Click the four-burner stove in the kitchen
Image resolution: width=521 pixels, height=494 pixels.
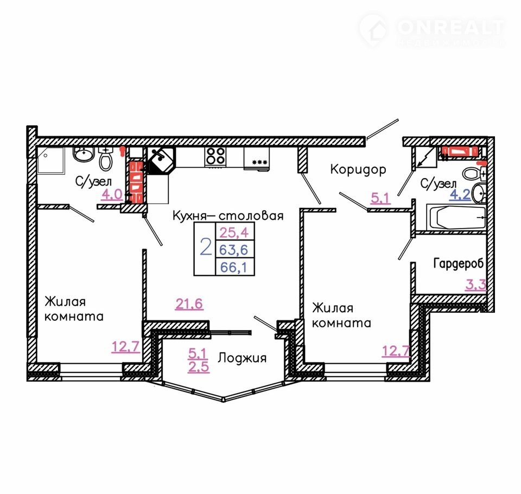215,156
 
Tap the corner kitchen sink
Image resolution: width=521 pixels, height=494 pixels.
161,160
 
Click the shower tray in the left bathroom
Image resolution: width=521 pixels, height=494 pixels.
50,160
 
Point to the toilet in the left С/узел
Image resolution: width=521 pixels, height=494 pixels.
106,159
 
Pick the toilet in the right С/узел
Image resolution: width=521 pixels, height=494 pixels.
473,173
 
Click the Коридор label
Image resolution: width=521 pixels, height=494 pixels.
358,169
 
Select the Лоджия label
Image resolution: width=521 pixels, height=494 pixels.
242,358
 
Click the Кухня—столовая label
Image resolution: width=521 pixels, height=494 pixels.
228,216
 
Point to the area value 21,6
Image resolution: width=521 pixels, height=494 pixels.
189,303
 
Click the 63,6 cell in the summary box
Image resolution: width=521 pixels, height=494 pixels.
235,249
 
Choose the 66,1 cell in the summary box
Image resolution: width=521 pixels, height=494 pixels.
235,267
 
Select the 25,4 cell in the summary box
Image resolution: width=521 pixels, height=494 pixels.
235,231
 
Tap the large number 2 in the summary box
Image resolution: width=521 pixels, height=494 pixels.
206,248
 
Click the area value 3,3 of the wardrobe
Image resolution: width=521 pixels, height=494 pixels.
475,284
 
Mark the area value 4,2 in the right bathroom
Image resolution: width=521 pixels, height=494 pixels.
460,194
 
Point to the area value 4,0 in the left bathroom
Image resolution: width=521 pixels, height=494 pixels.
112,194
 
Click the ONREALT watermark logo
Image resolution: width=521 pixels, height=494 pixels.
433,30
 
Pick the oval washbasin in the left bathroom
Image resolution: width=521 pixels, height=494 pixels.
84,154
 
